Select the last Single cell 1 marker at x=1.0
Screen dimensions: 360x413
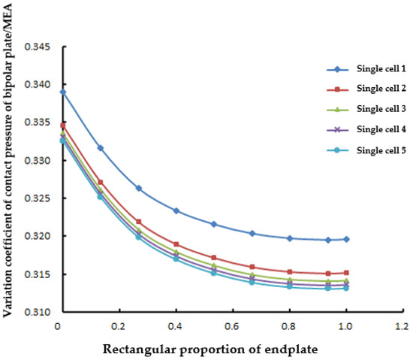(346, 239)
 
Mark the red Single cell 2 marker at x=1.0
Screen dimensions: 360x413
(346, 273)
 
